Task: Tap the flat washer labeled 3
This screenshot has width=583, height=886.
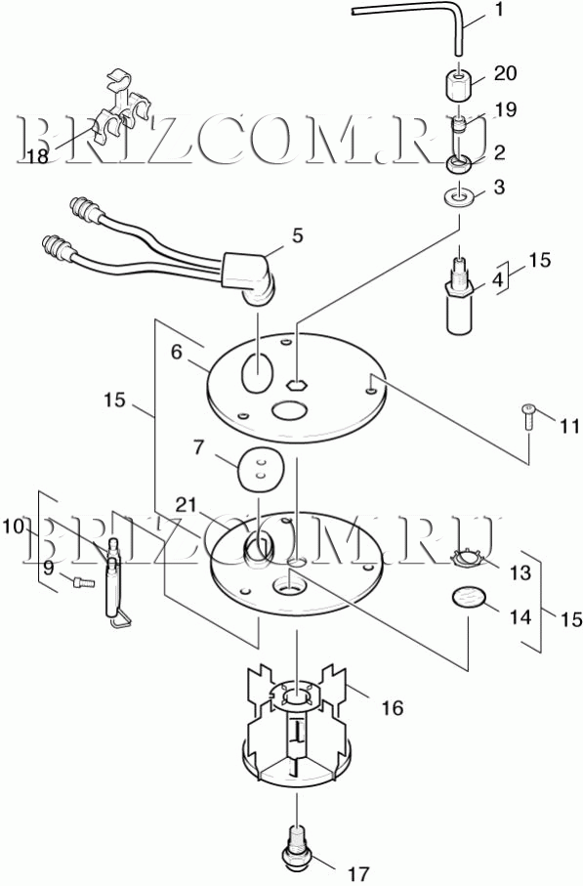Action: (459, 197)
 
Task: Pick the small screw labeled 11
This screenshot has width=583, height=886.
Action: (528, 417)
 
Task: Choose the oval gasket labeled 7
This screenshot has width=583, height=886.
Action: (259, 471)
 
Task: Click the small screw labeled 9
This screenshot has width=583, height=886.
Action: (85, 580)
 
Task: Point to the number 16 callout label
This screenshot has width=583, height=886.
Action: (392, 707)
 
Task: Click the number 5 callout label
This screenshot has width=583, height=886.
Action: (297, 235)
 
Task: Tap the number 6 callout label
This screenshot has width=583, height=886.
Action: (177, 352)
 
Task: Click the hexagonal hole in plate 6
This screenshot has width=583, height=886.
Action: (297, 385)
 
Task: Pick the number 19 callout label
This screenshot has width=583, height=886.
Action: (505, 109)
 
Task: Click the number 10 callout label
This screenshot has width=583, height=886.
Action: (14, 527)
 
